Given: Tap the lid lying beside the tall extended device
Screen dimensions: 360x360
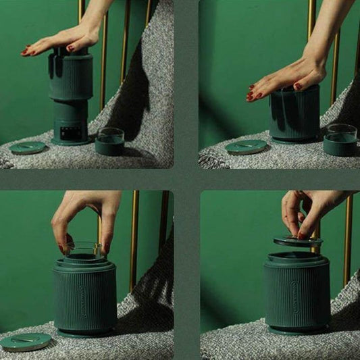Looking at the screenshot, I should pos(28,147).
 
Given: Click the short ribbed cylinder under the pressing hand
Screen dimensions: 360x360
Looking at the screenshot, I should pos(294,113).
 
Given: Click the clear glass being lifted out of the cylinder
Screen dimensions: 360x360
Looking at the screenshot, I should pos(84,251).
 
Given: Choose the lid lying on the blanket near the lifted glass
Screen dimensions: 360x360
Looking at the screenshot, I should pos(26,341).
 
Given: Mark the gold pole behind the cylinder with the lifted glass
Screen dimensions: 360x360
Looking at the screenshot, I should pos(134,230).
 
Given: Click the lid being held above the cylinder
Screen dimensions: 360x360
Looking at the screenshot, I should pos(297,240).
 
